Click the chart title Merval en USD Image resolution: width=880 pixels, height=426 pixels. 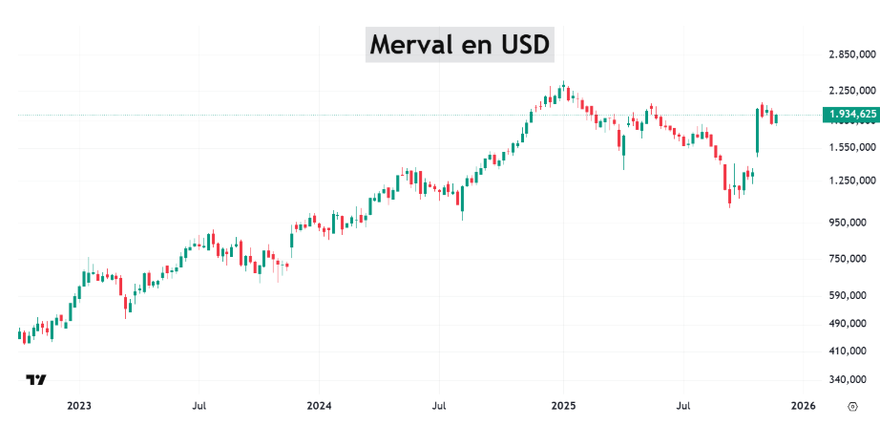459,45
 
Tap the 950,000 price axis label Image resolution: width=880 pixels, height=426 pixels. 850,223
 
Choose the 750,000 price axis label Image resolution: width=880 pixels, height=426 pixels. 850,259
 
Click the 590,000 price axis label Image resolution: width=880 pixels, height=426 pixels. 850,295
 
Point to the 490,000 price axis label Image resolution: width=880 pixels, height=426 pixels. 850,324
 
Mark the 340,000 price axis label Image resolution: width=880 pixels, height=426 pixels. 850,379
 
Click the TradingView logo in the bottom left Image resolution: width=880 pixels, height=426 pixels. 36,380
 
